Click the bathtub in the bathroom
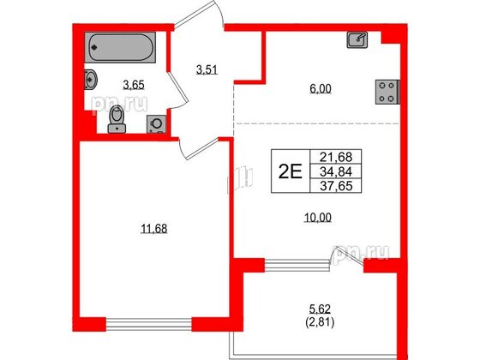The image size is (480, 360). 120,47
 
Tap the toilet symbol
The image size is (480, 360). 117,119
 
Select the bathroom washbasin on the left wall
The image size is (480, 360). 91,79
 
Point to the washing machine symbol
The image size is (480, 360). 156,124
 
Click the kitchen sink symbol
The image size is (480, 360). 357,39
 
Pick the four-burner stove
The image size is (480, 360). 387,92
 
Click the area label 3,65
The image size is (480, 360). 134,85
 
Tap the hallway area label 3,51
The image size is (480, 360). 207,69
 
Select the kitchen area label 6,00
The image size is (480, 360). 321,89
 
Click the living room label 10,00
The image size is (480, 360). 318,218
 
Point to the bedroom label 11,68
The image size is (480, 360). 154,229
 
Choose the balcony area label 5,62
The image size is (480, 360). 320,309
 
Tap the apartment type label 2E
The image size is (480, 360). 291,171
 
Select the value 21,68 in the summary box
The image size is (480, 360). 336,157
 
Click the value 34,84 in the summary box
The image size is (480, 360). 336,171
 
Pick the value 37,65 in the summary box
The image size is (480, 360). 336,186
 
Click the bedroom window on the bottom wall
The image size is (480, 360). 149,325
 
